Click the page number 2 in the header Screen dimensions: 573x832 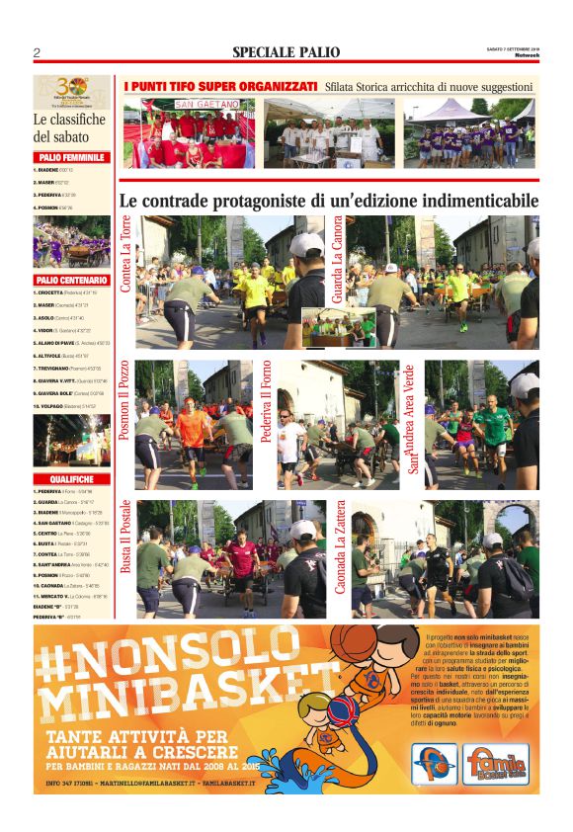(37, 52)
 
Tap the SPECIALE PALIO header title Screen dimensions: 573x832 (286, 52)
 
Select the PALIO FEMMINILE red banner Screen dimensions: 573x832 (71, 157)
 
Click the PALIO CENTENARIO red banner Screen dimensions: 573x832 (71, 280)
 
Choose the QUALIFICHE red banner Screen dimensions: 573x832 (71, 478)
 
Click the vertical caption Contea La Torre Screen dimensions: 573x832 (126, 254)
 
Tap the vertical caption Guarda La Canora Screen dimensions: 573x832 (338, 259)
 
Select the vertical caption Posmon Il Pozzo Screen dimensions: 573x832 (125, 400)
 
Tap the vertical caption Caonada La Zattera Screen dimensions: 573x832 (339, 547)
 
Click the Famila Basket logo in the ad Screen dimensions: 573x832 (497, 764)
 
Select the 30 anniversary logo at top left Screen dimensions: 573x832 (71, 92)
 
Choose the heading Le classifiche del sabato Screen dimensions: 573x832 (69, 128)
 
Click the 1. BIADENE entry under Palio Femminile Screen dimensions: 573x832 (53, 170)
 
